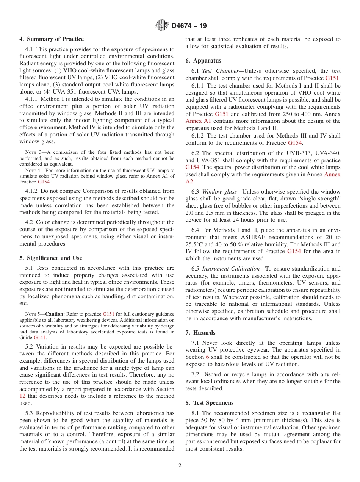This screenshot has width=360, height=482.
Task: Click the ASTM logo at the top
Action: (162, 26)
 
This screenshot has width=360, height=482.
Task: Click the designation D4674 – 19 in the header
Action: (189, 26)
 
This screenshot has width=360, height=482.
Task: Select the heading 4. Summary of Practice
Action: (52, 39)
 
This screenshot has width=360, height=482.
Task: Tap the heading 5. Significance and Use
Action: (50, 258)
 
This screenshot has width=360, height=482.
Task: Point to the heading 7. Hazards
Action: (200, 333)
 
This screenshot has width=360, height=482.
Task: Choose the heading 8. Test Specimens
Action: (210, 403)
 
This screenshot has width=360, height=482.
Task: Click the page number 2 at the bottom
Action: (180, 466)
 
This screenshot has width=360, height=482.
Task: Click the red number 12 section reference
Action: (22, 396)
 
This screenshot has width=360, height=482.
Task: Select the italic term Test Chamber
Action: (214, 71)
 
